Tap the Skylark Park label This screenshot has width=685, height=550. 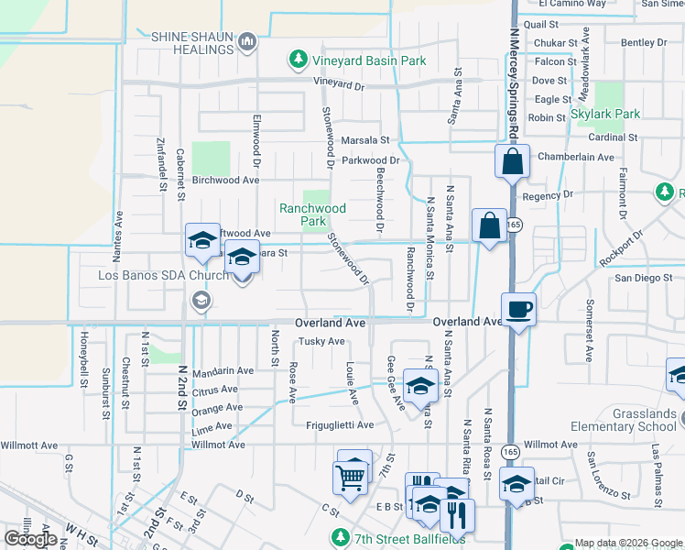coord(605,114)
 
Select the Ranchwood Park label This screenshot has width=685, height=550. coord(313,214)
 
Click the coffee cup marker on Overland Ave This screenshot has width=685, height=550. coord(518,309)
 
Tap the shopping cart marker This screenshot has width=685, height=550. coord(351,475)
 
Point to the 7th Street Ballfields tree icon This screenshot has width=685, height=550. coord(341,535)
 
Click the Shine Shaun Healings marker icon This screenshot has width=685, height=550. coord(246,41)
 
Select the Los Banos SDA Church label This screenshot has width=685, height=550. coord(152,275)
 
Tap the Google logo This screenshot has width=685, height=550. coord(31,539)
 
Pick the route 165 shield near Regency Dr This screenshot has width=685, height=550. coord(516,224)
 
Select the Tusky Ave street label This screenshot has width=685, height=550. coord(321,342)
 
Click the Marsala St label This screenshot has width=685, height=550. coord(365,140)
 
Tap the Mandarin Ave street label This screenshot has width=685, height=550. coord(223,370)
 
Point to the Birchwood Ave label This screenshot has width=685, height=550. coord(225,181)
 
